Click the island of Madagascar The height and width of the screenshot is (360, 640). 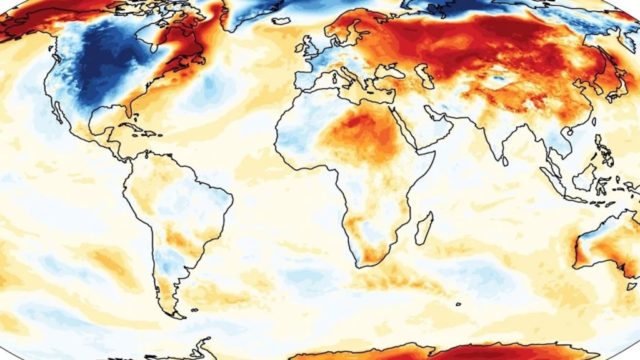coord(424,227)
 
